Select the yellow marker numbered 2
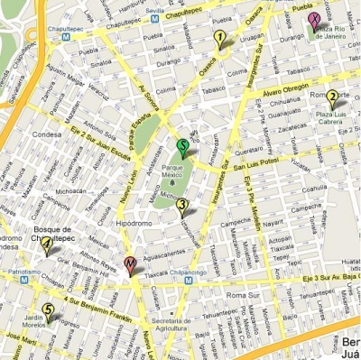[332, 99]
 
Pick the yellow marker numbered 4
[46, 245]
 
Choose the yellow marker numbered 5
[47, 311]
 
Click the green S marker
[182, 147]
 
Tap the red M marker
[130, 265]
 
